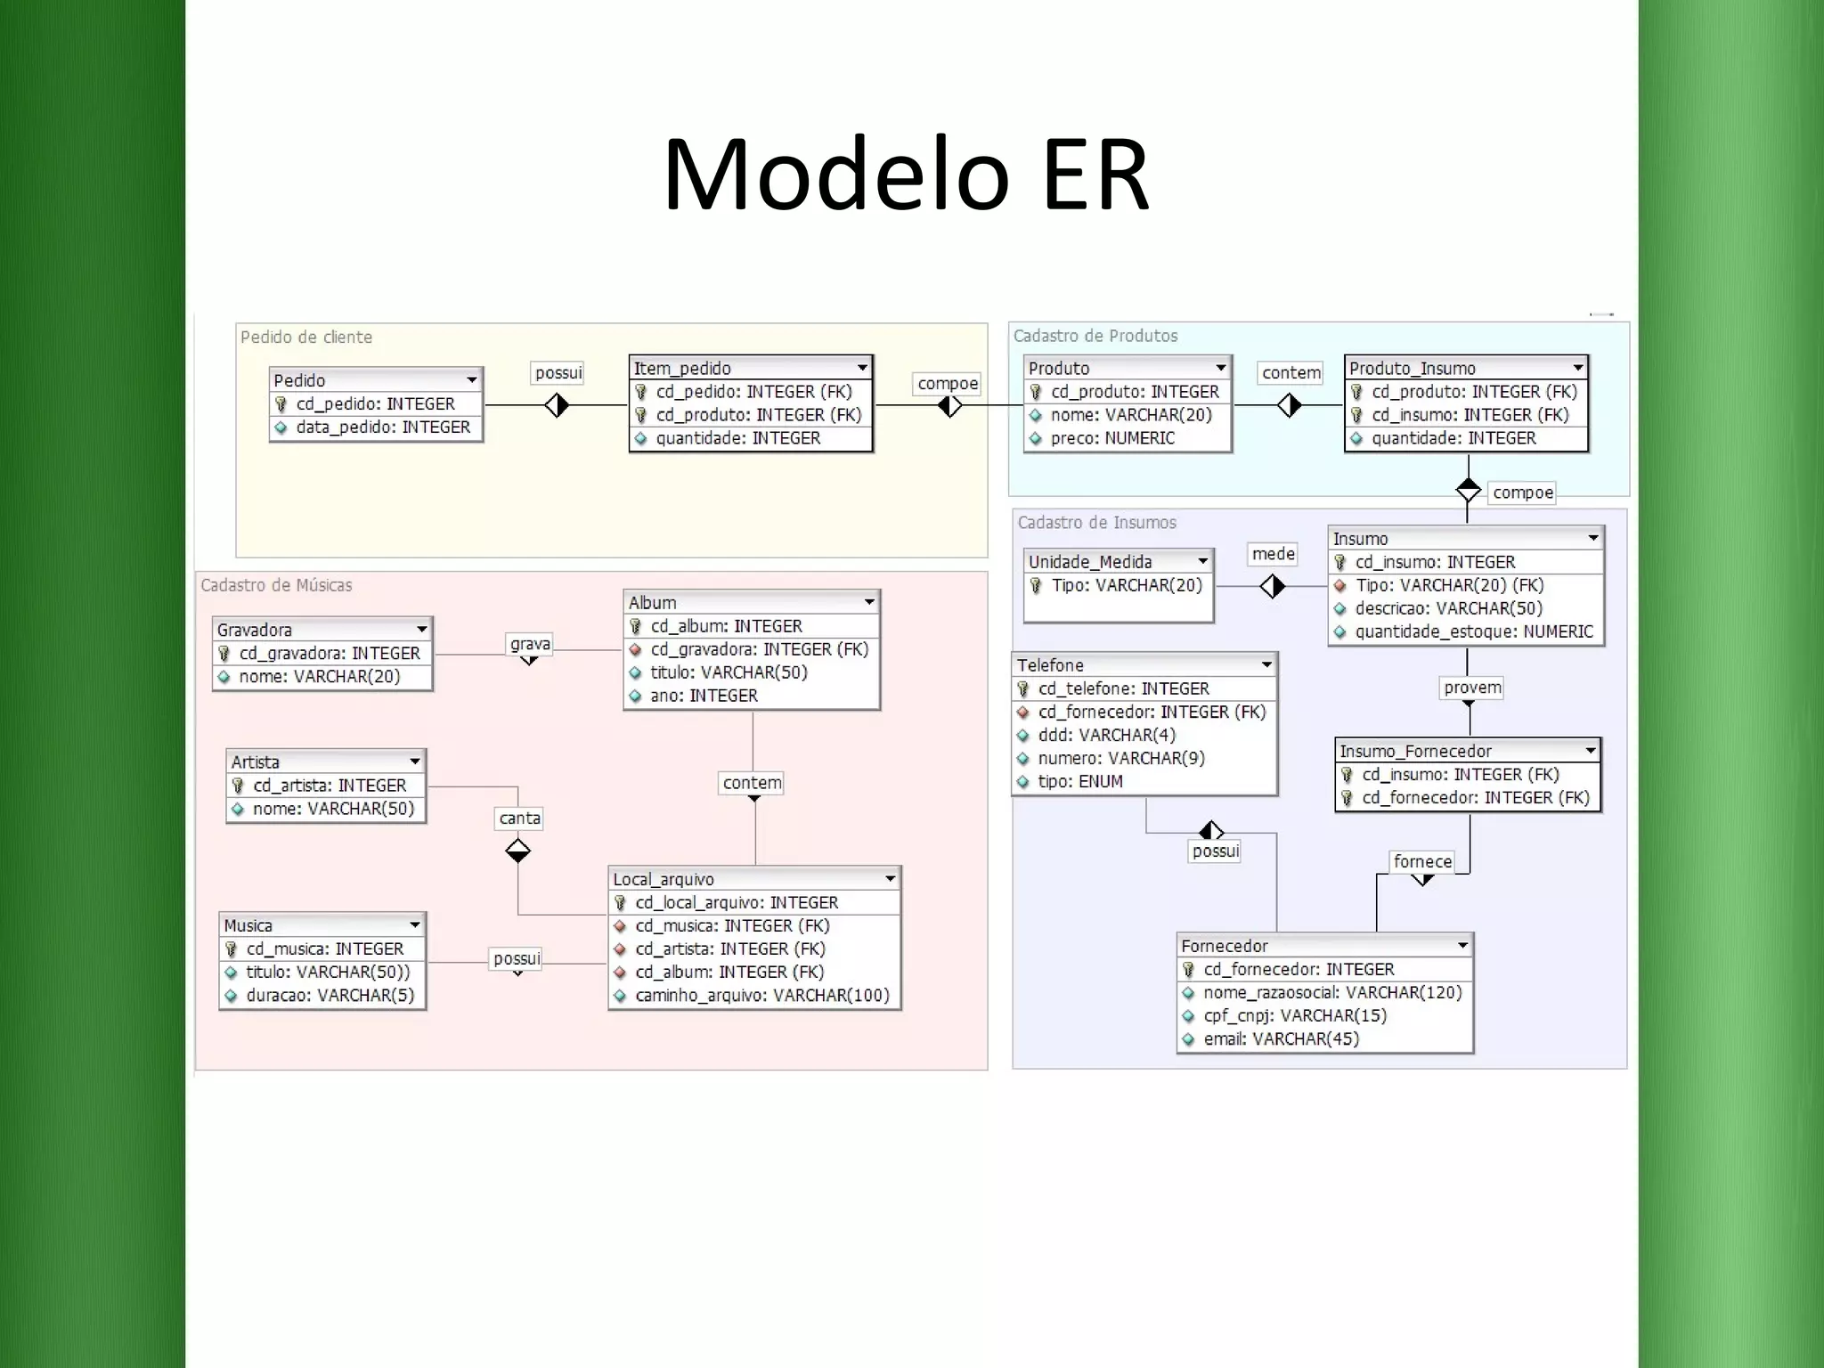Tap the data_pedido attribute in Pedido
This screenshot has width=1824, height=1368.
(382, 427)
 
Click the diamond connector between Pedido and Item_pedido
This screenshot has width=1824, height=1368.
(557, 406)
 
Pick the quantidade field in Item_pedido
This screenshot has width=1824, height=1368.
(737, 438)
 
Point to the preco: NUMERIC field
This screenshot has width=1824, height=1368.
(1111, 438)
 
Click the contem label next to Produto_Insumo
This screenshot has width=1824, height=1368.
(1291, 373)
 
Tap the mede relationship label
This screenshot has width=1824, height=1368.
(1273, 554)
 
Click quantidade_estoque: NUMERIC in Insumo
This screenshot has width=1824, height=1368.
(1473, 632)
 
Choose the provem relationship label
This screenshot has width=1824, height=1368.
(1472, 688)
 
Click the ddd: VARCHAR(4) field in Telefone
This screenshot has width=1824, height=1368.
(1106, 736)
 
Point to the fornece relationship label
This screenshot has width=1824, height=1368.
(1422, 861)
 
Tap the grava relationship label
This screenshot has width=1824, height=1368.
(530, 644)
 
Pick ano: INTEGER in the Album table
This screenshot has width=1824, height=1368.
(704, 696)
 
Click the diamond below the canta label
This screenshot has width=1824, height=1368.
(517, 851)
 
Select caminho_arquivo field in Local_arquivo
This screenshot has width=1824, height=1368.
(761, 996)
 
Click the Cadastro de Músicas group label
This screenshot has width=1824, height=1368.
(276, 585)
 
